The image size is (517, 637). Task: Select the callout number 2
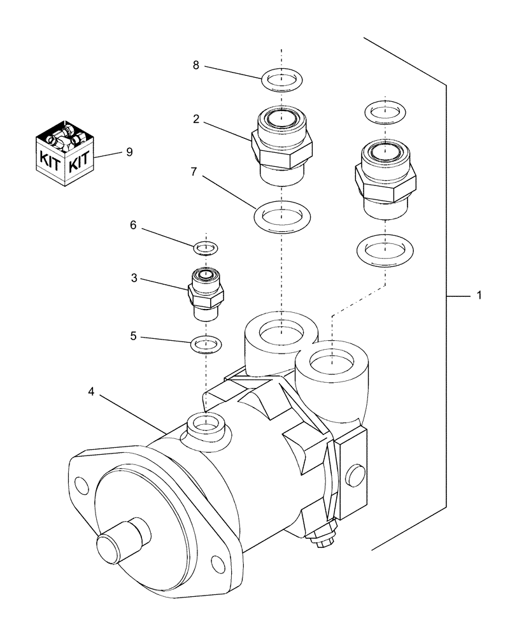tap(196, 120)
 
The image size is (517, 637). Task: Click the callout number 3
tap(134, 278)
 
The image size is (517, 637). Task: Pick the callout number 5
tap(134, 335)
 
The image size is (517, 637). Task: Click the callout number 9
tap(130, 152)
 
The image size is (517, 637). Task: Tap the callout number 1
tap(479, 296)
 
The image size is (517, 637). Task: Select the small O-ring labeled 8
tap(281, 80)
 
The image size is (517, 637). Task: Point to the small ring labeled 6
tap(205, 246)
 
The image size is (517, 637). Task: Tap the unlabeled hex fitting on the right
tap(385, 178)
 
